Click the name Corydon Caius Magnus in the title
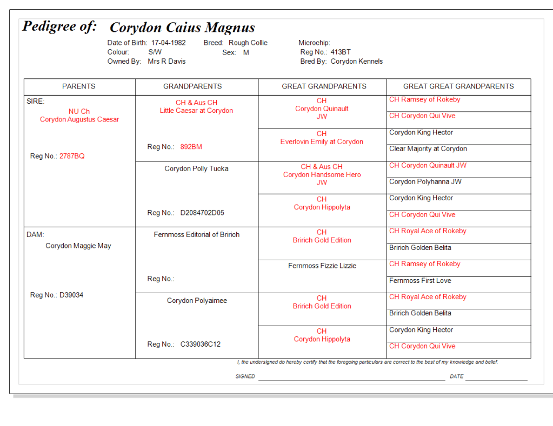point(182,28)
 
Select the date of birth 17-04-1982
point(168,43)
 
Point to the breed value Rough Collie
point(248,43)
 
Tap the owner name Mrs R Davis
point(166,62)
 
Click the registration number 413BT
point(341,52)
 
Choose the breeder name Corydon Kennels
point(357,62)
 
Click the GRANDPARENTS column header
point(192,86)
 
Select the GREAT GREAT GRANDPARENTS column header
point(458,86)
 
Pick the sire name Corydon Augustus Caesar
point(79,120)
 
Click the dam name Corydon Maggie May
point(78,246)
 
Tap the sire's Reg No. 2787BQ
point(72,157)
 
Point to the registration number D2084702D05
point(202,213)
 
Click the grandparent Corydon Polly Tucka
point(197,169)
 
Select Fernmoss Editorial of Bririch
point(197,235)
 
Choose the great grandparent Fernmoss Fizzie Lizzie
point(322,266)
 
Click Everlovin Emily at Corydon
point(322,142)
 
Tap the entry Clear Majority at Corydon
point(428,149)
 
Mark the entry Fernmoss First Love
point(420,281)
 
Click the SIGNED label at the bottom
point(245,376)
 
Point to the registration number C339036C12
point(201,344)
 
